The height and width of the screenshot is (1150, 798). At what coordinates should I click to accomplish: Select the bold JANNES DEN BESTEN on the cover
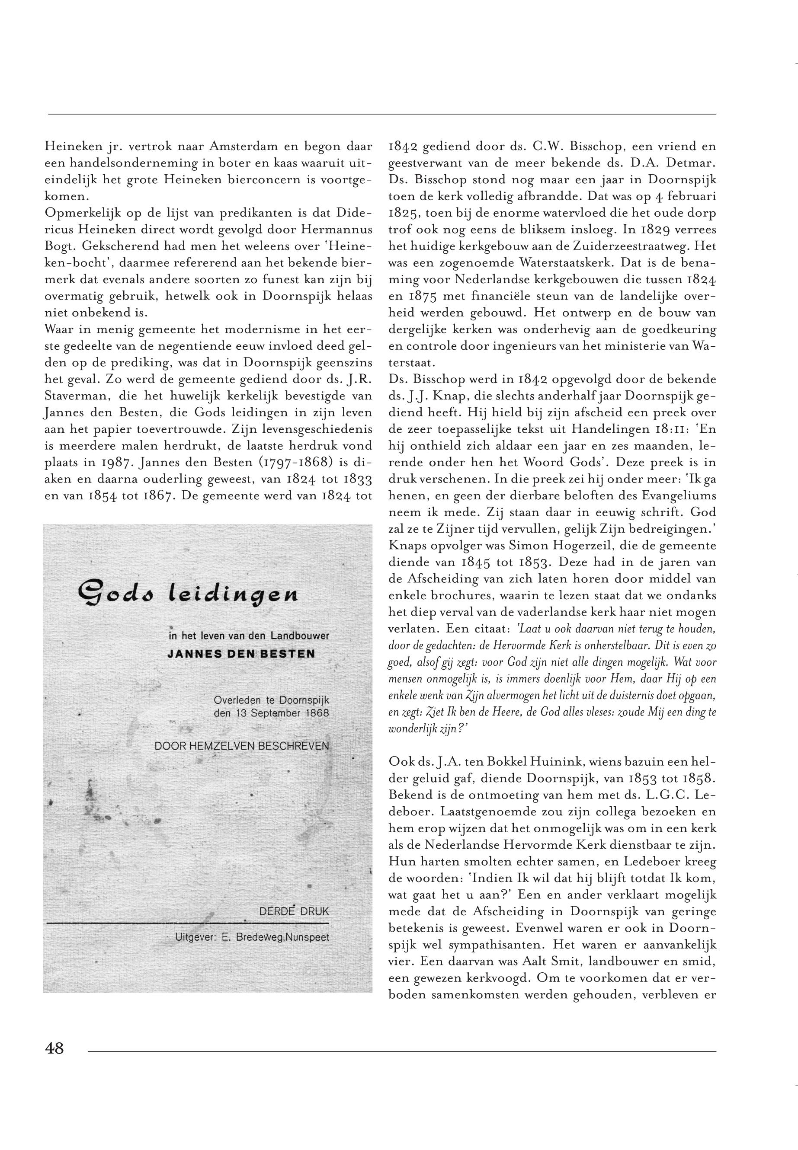(241, 654)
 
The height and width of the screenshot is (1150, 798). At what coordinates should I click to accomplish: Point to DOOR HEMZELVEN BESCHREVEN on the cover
(241, 746)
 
